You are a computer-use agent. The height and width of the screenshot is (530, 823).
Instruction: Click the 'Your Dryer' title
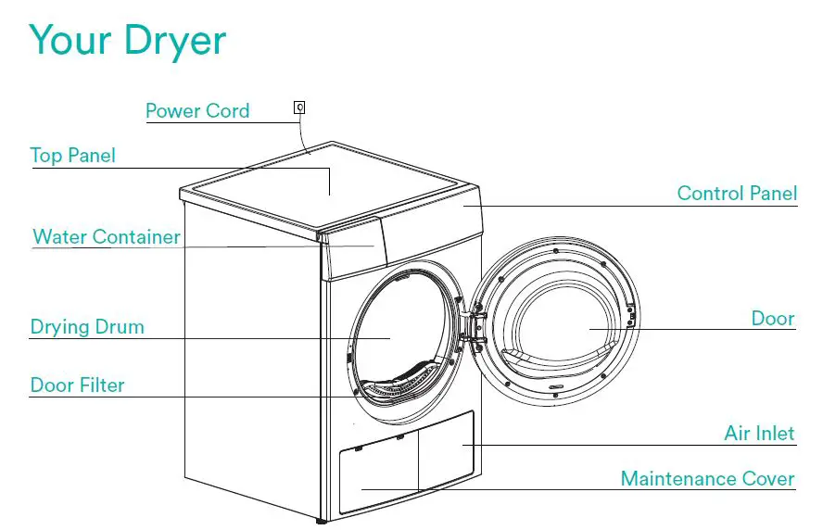point(128,42)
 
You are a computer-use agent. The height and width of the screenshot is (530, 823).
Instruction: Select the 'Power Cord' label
point(197,111)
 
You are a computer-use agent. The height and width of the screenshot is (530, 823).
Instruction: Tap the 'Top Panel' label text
point(73,155)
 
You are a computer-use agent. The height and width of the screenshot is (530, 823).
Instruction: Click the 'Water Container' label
point(107,236)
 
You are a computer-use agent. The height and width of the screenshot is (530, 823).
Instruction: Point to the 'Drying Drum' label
point(87,327)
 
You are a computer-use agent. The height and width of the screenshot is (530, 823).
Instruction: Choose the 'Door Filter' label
point(77,385)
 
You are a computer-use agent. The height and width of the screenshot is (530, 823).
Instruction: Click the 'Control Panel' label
point(737,194)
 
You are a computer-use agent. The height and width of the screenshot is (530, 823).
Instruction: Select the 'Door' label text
point(772,319)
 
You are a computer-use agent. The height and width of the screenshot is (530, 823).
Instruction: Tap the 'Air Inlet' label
point(759,434)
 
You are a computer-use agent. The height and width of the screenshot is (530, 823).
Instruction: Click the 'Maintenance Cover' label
point(707,479)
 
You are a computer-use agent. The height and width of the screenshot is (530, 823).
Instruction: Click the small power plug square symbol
point(298,107)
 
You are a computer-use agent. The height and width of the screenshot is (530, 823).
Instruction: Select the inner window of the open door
point(565,324)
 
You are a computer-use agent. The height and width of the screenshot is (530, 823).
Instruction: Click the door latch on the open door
point(632,318)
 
